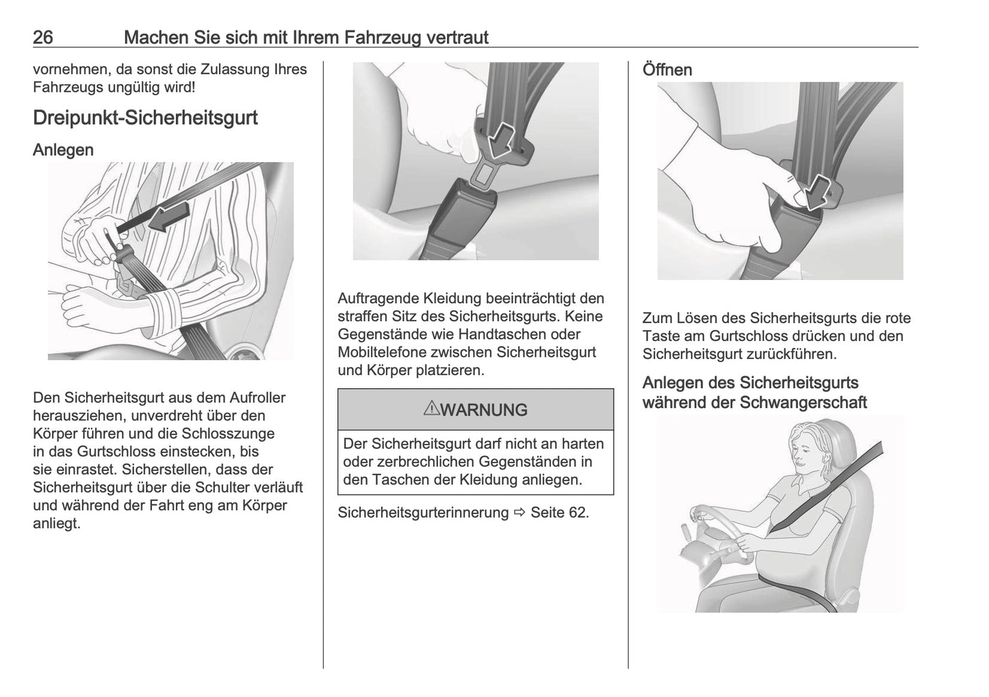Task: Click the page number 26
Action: [43, 38]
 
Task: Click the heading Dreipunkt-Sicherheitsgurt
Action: [145, 118]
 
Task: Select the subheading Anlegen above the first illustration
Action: [63, 150]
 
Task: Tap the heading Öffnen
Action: [667, 70]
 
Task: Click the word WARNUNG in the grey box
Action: [484, 410]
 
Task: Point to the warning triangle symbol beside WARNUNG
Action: [431, 409]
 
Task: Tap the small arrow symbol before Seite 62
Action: [519, 513]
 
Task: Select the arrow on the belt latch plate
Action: [502, 140]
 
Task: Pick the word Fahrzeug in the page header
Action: [383, 38]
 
